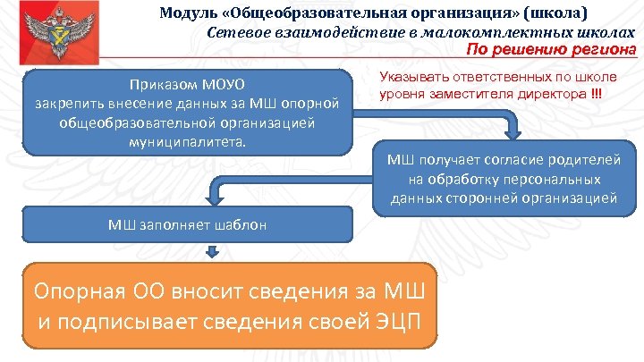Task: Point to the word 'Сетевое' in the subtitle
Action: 236,32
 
